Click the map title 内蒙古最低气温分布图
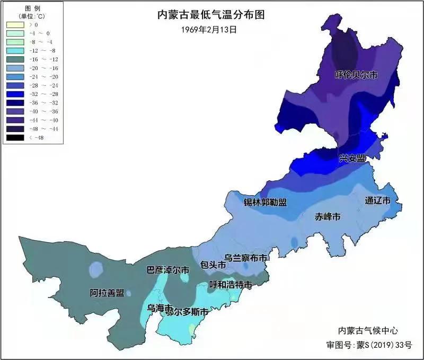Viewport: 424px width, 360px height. [x=211, y=15]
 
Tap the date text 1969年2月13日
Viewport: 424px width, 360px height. [x=209, y=30]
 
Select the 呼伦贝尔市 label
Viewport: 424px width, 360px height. [x=357, y=75]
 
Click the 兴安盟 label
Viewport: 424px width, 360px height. [x=352, y=158]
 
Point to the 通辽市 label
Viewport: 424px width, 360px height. [x=378, y=201]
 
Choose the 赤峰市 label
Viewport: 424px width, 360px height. [x=328, y=216]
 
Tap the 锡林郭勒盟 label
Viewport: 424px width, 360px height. [x=265, y=203]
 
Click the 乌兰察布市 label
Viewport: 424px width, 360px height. [x=245, y=257]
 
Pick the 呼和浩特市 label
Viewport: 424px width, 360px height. [x=230, y=285]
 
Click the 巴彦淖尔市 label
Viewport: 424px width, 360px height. [x=168, y=270]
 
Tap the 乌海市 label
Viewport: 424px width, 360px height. [x=159, y=308]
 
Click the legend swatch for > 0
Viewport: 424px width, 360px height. [x=15, y=24]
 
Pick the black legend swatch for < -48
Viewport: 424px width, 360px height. [x=15, y=137]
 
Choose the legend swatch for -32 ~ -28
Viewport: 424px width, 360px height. [x=15, y=94]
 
